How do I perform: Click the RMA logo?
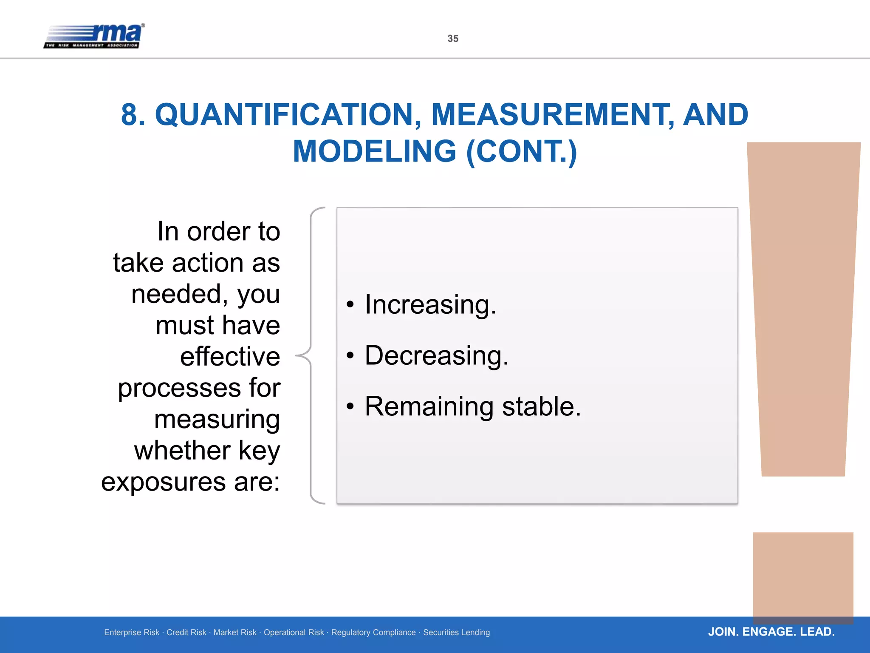(x=94, y=36)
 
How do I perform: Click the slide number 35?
(x=453, y=39)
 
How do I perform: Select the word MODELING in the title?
(x=375, y=152)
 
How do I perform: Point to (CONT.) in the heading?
(x=521, y=152)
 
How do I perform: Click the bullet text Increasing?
(x=430, y=305)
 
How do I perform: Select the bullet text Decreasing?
(x=436, y=356)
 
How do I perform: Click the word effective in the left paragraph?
(x=230, y=356)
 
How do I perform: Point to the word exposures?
(x=163, y=482)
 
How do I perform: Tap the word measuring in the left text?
(x=217, y=420)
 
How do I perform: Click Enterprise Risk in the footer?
(x=132, y=633)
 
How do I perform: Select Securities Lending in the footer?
(x=456, y=633)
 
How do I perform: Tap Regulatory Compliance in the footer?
(x=373, y=633)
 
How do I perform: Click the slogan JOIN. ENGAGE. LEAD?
(x=771, y=632)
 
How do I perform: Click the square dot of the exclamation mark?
(x=803, y=576)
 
